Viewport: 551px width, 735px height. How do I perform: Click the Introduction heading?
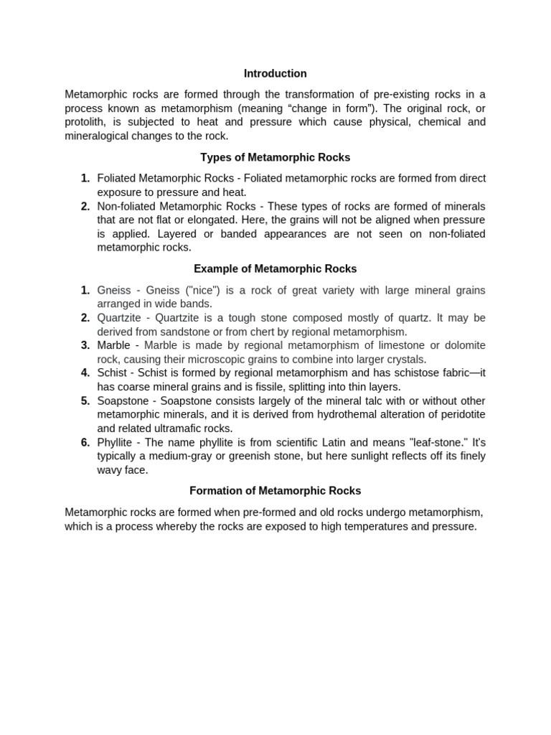tap(275, 73)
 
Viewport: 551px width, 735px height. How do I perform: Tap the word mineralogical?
tap(98, 136)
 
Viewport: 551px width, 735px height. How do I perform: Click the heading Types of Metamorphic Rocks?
tap(275, 157)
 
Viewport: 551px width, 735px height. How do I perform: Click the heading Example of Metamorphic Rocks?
tap(275, 268)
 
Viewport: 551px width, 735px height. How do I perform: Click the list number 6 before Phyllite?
tap(85, 442)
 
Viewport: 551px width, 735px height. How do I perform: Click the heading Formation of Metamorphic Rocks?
tap(275, 491)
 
